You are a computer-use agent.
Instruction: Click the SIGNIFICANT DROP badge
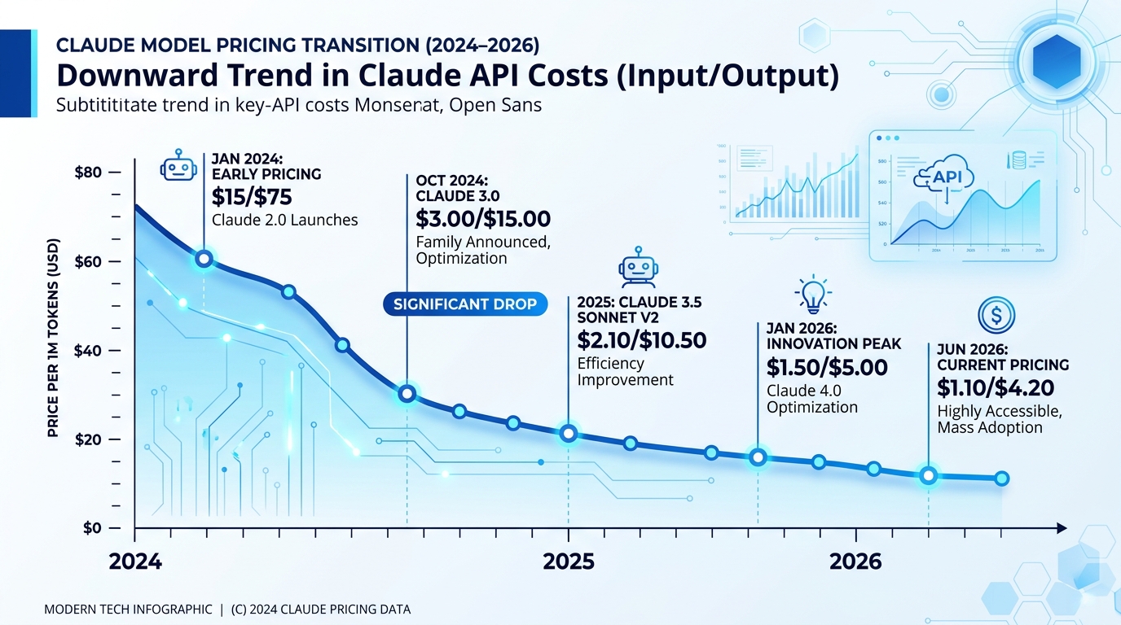pos(465,304)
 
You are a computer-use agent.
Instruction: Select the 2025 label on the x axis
pos(568,562)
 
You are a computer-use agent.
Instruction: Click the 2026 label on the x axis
pos(855,562)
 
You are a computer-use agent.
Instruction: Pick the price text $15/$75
pos(252,196)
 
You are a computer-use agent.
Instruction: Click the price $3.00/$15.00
pos(482,218)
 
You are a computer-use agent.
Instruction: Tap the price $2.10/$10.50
pos(641,339)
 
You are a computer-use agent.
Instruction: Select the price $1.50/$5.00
pos(826,367)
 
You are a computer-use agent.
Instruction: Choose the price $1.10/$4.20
pos(996,387)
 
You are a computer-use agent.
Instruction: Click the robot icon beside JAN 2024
pos(179,165)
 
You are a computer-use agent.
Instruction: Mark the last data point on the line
pos(1001,479)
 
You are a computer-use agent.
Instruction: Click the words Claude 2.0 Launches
pos(284,220)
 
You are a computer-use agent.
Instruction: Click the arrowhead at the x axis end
pos(1062,528)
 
